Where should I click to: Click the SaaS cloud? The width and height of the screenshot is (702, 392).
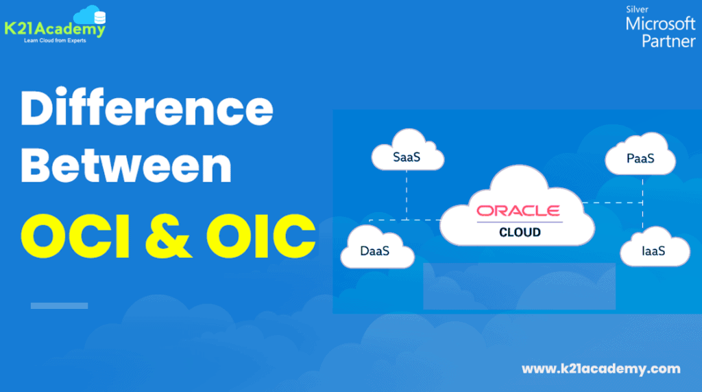pos(407,158)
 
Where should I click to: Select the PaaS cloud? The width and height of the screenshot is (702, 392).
pos(640,159)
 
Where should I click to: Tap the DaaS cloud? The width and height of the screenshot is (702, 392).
pos(375,251)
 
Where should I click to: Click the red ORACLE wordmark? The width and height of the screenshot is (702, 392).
pos(518,210)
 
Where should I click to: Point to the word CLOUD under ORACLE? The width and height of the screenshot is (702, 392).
pos(520,233)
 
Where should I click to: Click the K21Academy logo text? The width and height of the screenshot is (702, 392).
pos(55,30)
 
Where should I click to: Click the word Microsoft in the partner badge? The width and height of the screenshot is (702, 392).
pos(660,25)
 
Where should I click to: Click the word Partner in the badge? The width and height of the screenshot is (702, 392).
pos(668,41)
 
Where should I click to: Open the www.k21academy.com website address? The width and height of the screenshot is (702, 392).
pos(601,369)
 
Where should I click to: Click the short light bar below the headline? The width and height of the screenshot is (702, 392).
pos(59,305)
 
